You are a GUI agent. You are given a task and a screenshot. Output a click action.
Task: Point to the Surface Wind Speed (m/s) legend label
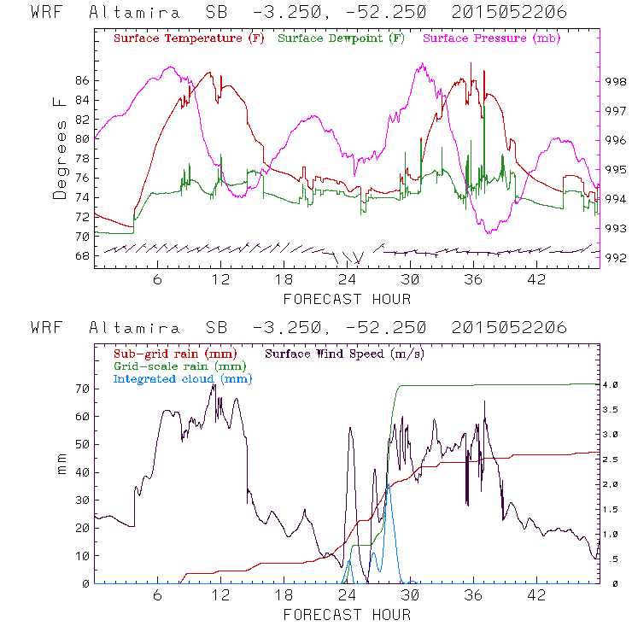pos(345,353)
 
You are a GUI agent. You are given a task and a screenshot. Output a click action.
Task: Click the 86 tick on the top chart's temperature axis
pos(82,80)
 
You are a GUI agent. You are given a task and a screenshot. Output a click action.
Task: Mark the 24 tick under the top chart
pos(347,281)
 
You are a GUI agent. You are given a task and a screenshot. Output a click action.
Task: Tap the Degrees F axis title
pos(59,146)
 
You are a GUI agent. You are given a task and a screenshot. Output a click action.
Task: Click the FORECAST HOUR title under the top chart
pos(347,299)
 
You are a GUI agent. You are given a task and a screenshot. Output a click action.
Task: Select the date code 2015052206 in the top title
pos(509,14)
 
